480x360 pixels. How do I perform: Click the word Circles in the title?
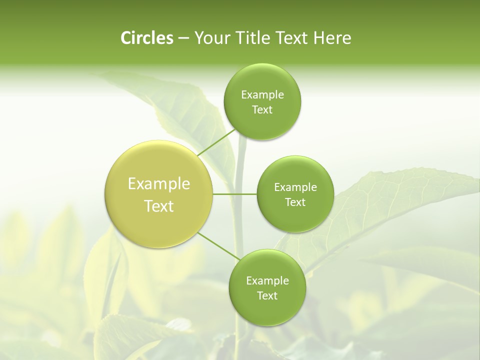coord(146,38)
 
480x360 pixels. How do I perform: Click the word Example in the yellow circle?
coord(159,184)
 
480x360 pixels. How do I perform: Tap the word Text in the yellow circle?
coord(159,206)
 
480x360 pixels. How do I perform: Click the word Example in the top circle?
coord(262,94)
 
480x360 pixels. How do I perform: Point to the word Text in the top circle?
coord(262,110)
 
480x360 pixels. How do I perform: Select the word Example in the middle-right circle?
coord(295,187)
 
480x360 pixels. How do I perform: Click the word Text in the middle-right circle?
coord(295,202)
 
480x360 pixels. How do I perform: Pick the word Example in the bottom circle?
coord(267,280)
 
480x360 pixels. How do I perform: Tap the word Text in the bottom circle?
coord(267,296)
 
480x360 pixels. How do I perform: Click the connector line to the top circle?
coord(216,142)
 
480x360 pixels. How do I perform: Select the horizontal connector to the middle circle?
coord(235,193)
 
